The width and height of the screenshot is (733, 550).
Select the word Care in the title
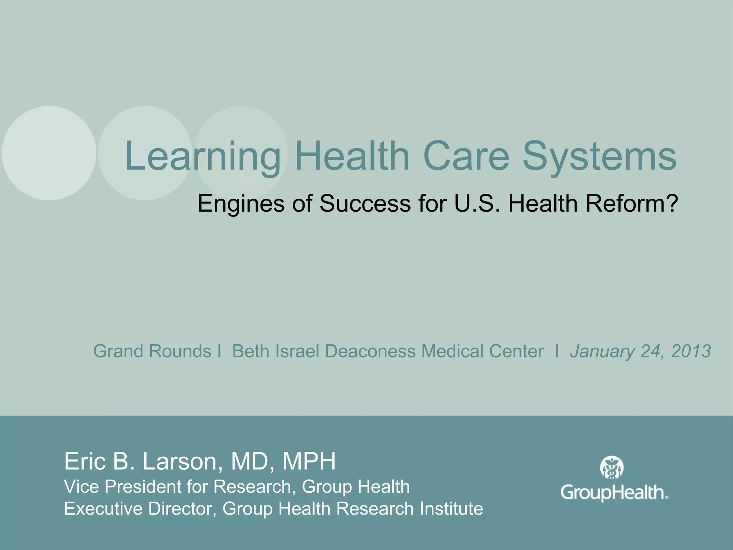pos(466,156)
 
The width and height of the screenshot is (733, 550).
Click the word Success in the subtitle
pos(365,203)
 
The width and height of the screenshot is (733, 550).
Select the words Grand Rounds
pos(152,351)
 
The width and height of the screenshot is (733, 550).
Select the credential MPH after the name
pos(309,461)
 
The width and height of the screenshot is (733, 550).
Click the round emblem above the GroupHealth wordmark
pos(612,468)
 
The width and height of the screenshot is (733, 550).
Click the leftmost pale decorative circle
pos(49,153)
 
